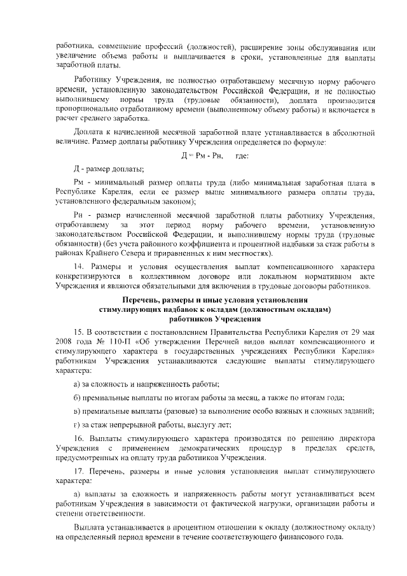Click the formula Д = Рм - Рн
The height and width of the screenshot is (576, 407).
203,156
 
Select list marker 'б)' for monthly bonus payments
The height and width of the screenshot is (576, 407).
77,397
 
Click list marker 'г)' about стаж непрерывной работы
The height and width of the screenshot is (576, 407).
77,425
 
